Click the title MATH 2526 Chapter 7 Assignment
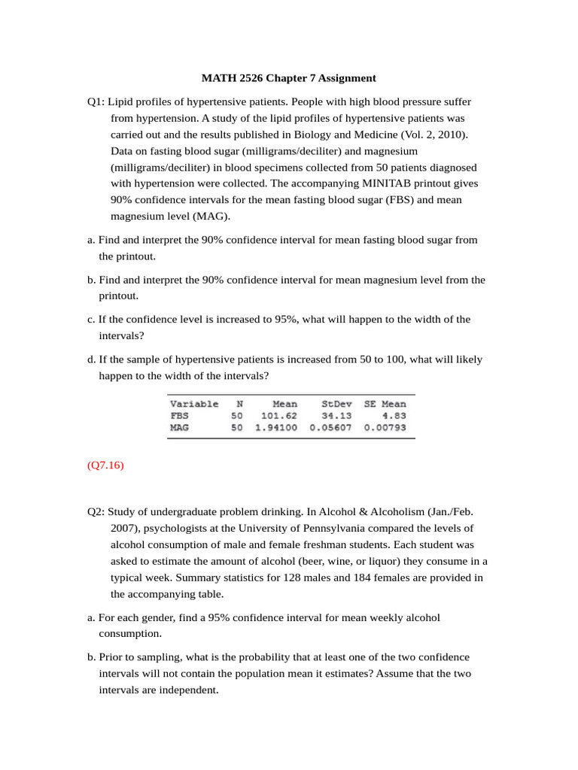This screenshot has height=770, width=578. click(289, 78)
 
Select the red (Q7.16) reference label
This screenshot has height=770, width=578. click(105, 465)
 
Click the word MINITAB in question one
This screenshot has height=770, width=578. click(388, 183)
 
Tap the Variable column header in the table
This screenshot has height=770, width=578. click(194, 404)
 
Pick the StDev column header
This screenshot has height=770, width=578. click(336, 404)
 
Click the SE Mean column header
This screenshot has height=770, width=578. click(385, 404)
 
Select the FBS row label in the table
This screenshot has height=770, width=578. click(180, 415)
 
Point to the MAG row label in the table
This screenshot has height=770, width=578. click(180, 427)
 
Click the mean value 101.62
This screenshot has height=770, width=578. click(278, 415)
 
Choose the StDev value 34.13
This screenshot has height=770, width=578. click(336, 415)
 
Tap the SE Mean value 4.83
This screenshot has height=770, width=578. click(394, 415)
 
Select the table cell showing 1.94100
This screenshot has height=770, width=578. click(276, 427)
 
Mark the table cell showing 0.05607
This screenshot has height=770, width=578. click(330, 427)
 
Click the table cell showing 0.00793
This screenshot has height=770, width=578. click(385, 427)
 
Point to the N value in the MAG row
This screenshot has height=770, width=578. click(237, 427)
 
